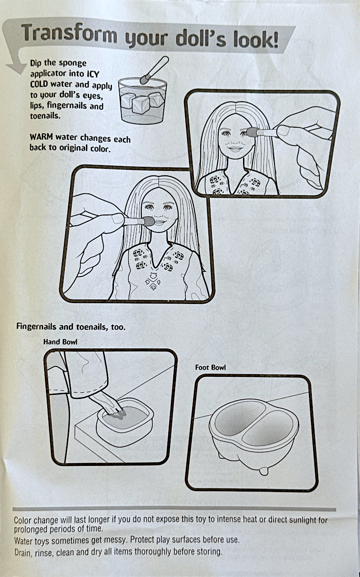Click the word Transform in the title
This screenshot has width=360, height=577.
tap(69, 34)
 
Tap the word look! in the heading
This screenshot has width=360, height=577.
tap(256, 40)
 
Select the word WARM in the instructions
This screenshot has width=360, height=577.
tap(41, 137)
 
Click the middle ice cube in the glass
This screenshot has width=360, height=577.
tap(141, 105)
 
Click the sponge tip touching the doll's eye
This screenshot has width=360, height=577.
tap(252, 132)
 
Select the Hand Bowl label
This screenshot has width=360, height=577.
tap(60, 341)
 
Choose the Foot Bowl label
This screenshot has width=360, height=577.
tap(210, 367)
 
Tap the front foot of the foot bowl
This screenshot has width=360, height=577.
tap(263, 471)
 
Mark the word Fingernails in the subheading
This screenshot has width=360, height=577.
tap(36, 327)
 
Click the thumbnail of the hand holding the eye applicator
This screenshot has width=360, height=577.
tap(283, 130)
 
